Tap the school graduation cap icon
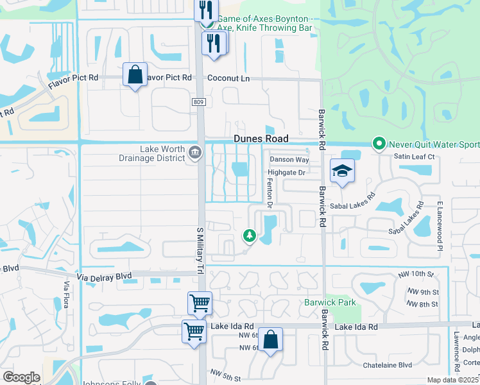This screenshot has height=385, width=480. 342,171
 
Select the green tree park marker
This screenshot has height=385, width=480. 250,236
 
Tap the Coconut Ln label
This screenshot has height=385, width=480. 228,78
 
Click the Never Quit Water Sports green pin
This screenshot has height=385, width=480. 379,144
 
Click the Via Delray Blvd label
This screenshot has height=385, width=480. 103,276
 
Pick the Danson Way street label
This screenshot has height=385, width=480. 289,159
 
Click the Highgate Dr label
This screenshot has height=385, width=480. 286,173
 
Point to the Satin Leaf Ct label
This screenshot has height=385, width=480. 415,157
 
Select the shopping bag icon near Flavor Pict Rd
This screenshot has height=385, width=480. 135,74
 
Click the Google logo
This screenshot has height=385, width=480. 21,377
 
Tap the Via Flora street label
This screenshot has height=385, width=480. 65,294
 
